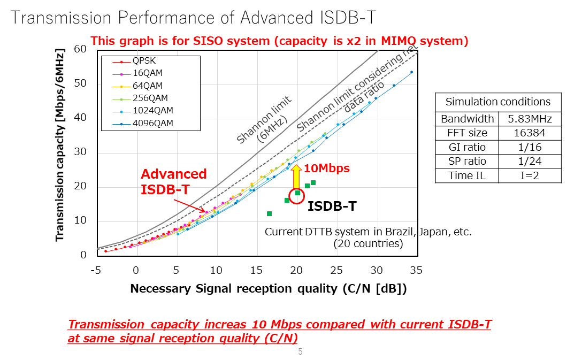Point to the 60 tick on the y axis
(x=80, y=49)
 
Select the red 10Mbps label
(x=326, y=168)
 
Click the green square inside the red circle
(x=298, y=193)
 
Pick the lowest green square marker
(x=269, y=214)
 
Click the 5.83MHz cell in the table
(x=530, y=119)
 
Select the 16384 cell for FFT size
(x=530, y=133)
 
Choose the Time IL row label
(x=466, y=176)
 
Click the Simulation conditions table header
(x=497, y=102)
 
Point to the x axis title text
(x=269, y=289)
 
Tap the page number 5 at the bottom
(x=300, y=351)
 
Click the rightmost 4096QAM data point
(x=411, y=72)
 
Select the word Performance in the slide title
(x=169, y=18)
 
